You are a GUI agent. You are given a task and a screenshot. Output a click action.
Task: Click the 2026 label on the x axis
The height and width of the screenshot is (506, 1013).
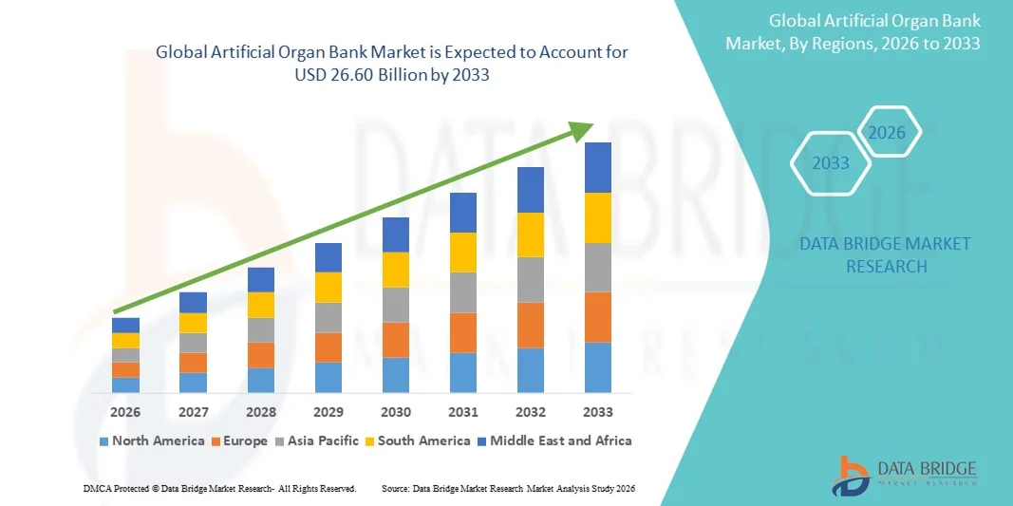coord(125,412)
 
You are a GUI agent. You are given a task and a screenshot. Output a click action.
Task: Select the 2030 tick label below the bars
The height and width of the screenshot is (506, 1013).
coord(396,412)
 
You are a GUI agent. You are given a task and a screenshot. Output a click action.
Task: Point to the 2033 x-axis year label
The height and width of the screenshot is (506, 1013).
coord(598,412)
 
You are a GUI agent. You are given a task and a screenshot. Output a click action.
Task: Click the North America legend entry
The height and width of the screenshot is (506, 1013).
coord(152,440)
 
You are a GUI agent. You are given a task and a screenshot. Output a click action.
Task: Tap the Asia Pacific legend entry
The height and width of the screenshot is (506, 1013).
coord(318,440)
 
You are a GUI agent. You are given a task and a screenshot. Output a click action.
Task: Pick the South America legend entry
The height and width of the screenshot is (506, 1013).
coord(418,440)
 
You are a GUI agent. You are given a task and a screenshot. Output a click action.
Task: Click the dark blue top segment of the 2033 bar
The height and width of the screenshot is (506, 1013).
coord(598,167)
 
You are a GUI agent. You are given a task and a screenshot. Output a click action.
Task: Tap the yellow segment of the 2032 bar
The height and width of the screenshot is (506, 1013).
coord(531,234)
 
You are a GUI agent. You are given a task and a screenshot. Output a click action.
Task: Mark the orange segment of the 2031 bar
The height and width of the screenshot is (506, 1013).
coord(463,332)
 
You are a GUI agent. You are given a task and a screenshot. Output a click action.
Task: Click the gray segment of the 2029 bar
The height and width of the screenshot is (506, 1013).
coord(328,317)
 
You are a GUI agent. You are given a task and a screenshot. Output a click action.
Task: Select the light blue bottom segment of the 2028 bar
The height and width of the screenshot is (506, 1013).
coord(261,380)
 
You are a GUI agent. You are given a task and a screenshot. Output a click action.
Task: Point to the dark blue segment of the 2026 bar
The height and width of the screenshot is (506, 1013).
coord(125,325)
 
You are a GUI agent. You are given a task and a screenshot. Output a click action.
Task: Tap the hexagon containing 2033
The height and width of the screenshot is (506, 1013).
coord(831,163)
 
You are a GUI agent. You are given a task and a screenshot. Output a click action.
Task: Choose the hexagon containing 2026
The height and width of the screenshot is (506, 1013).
coord(888,133)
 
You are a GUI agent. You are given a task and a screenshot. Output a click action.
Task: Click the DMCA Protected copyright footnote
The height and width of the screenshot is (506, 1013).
coord(219,488)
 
